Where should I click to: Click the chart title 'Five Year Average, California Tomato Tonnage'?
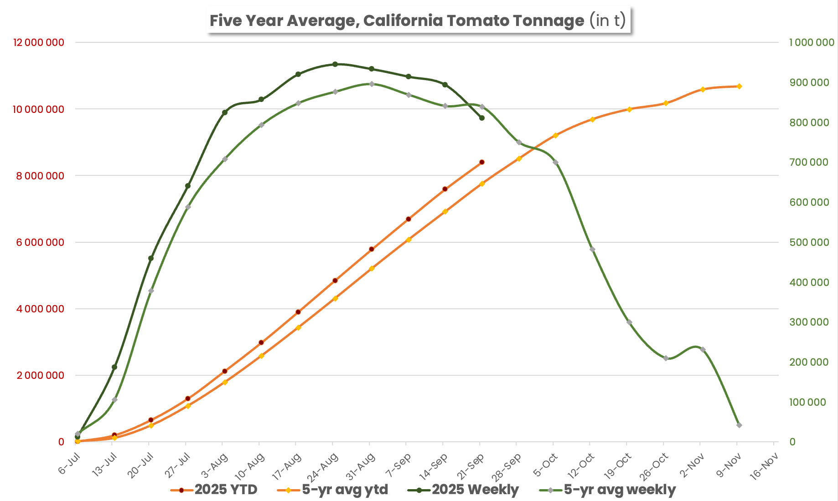point(397,20)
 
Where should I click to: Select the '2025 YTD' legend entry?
point(214,490)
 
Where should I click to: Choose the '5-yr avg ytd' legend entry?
point(333,490)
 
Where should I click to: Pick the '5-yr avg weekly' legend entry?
point(607,490)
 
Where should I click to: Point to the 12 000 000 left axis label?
point(39,42)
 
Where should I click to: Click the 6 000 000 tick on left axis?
point(40,242)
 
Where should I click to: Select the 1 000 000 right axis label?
point(812,42)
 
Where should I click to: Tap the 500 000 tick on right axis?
point(809,242)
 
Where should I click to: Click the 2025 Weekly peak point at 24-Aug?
point(335,64)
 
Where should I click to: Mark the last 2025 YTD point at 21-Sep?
point(482,162)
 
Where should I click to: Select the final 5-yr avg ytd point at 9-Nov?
point(739,86)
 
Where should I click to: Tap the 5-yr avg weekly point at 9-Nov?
point(739,425)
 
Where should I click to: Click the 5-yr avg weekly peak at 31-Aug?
point(372,84)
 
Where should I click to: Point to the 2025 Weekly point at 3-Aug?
point(225,112)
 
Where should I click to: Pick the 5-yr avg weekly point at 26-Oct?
point(666,358)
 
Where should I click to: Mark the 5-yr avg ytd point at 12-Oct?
point(592,119)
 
